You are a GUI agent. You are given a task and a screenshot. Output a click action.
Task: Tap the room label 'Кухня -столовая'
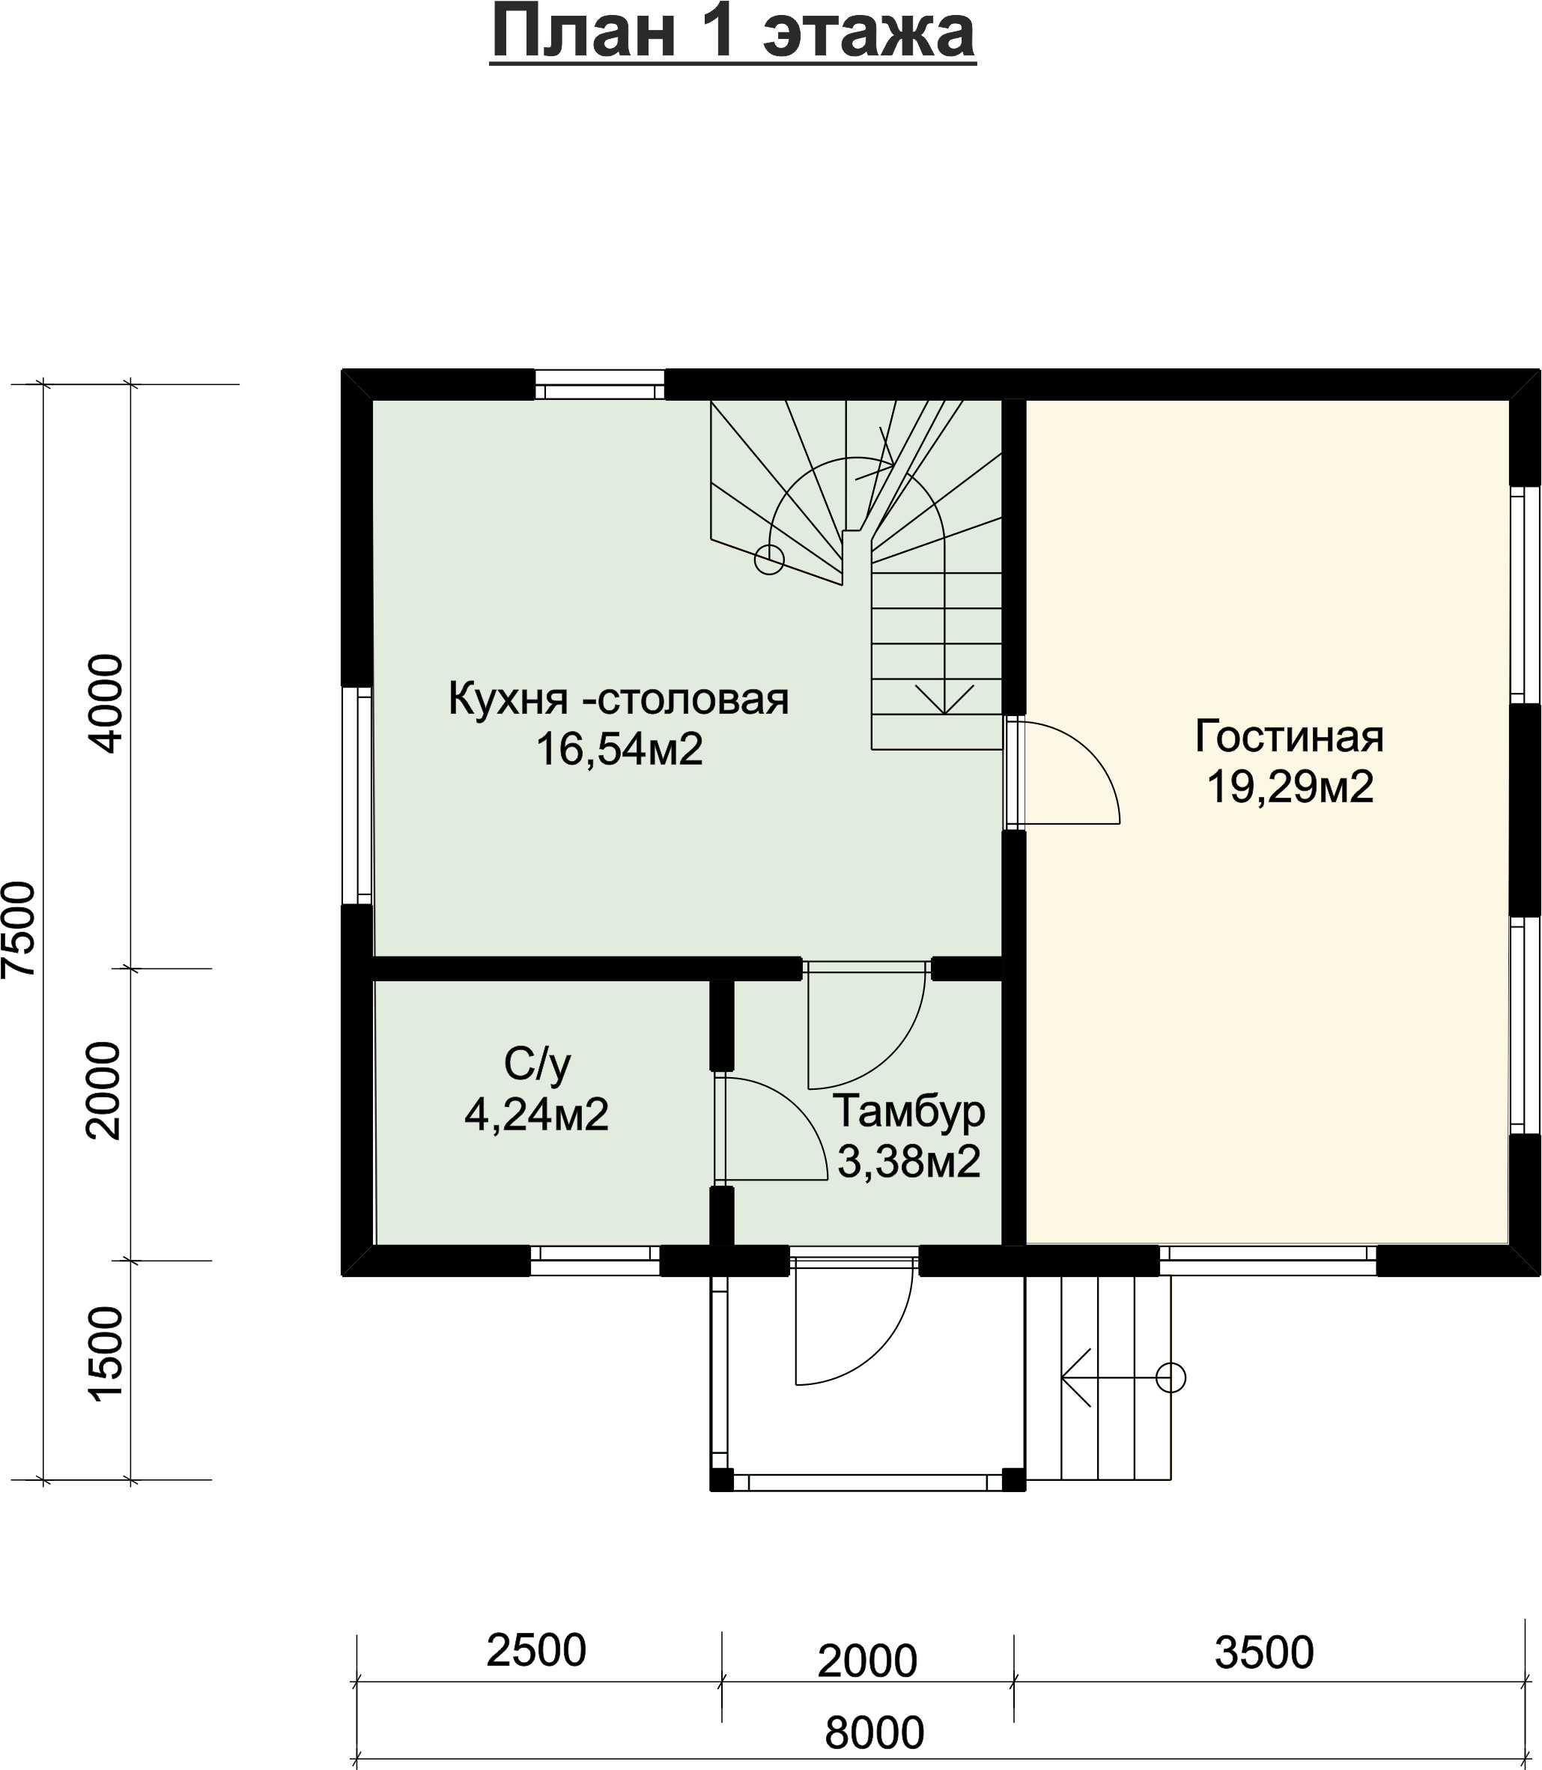point(618,698)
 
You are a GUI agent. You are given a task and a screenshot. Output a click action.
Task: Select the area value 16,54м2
point(619,748)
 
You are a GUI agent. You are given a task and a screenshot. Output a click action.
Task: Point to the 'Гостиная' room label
point(1289,736)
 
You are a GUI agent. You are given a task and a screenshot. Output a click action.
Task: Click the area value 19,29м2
point(1289,787)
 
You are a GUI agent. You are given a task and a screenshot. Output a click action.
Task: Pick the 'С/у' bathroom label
point(537,1064)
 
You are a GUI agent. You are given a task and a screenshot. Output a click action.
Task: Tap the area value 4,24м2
point(536,1115)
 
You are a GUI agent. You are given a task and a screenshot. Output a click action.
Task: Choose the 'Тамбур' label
point(908,1112)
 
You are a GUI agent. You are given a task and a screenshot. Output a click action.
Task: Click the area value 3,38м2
point(908,1162)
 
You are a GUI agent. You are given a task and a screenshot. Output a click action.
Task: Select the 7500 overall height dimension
point(19,930)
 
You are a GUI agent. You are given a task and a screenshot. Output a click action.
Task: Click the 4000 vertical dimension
point(106,704)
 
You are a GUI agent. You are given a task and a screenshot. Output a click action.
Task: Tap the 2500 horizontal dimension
point(536,1649)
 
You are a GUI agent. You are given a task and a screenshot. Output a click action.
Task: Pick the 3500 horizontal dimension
point(1264,1652)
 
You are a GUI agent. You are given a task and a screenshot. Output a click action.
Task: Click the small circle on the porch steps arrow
point(1171,1377)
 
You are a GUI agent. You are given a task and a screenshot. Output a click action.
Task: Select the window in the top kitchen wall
point(600,384)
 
